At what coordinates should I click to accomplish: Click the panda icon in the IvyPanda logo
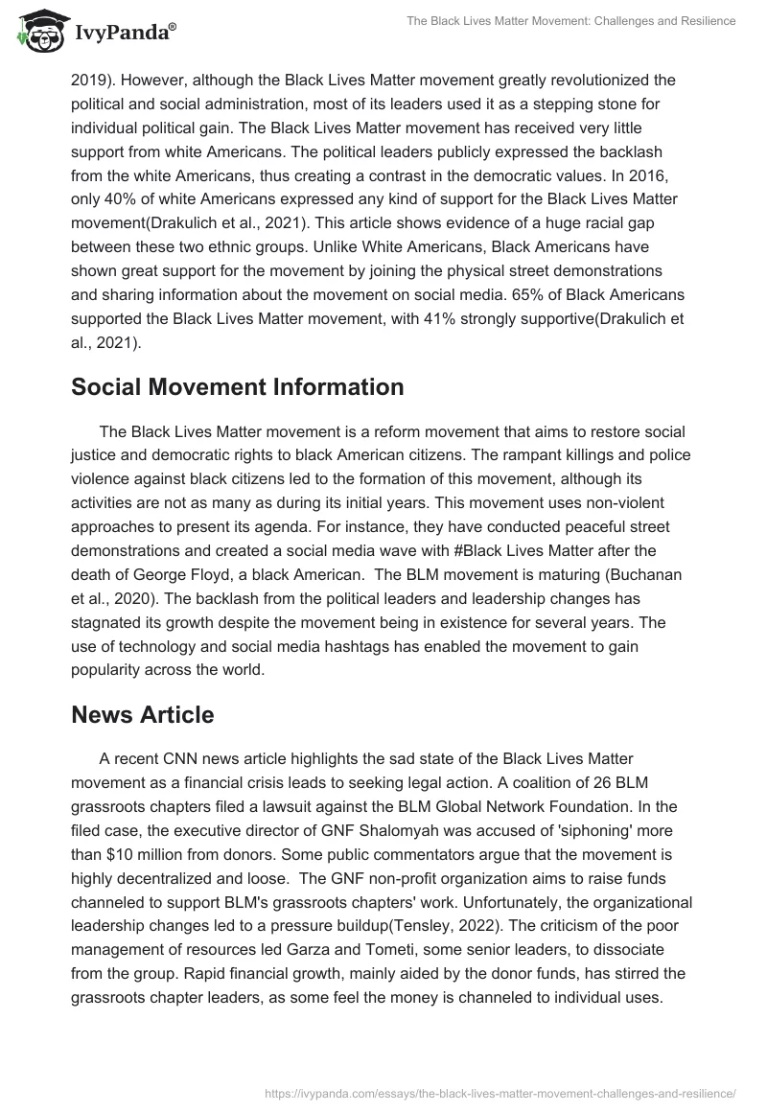click(36, 35)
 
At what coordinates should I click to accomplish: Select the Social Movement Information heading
click(238, 387)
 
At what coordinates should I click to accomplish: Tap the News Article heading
click(143, 715)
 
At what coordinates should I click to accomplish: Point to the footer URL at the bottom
click(498, 1092)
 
